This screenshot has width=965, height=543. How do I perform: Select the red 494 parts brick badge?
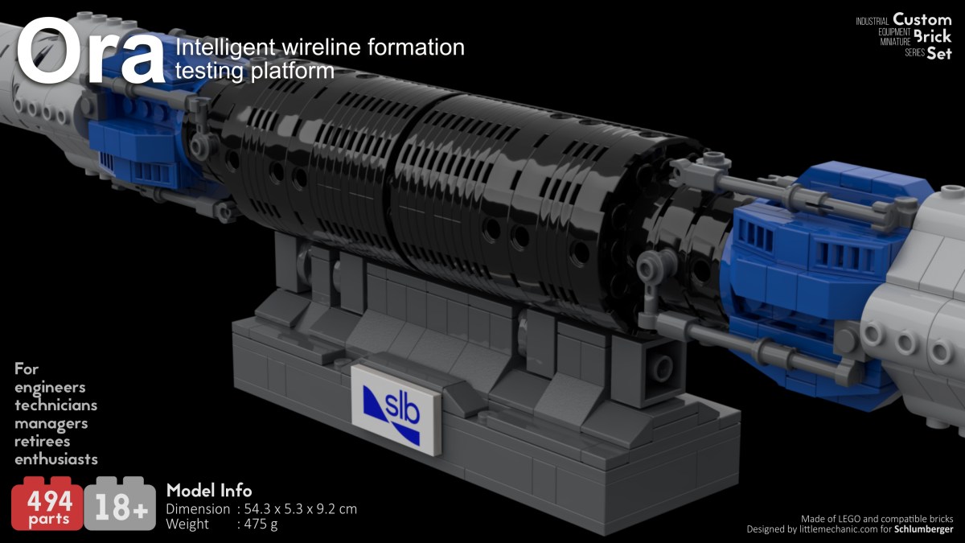point(47,505)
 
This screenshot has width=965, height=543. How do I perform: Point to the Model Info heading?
point(208,491)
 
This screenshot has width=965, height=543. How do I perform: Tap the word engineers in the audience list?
point(50,388)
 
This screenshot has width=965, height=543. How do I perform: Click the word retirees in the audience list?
point(42,442)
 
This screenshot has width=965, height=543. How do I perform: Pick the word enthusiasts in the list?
point(56,459)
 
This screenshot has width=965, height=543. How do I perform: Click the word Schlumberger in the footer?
point(923,529)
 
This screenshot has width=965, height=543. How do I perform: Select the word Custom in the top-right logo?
point(922,19)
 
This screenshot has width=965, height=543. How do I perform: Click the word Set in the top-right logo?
point(938,54)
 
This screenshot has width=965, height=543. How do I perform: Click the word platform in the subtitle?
point(293,72)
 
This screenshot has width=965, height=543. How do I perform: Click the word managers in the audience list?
point(51,423)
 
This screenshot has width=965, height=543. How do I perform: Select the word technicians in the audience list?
point(56,405)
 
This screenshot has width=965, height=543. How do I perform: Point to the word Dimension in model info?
point(198,509)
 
